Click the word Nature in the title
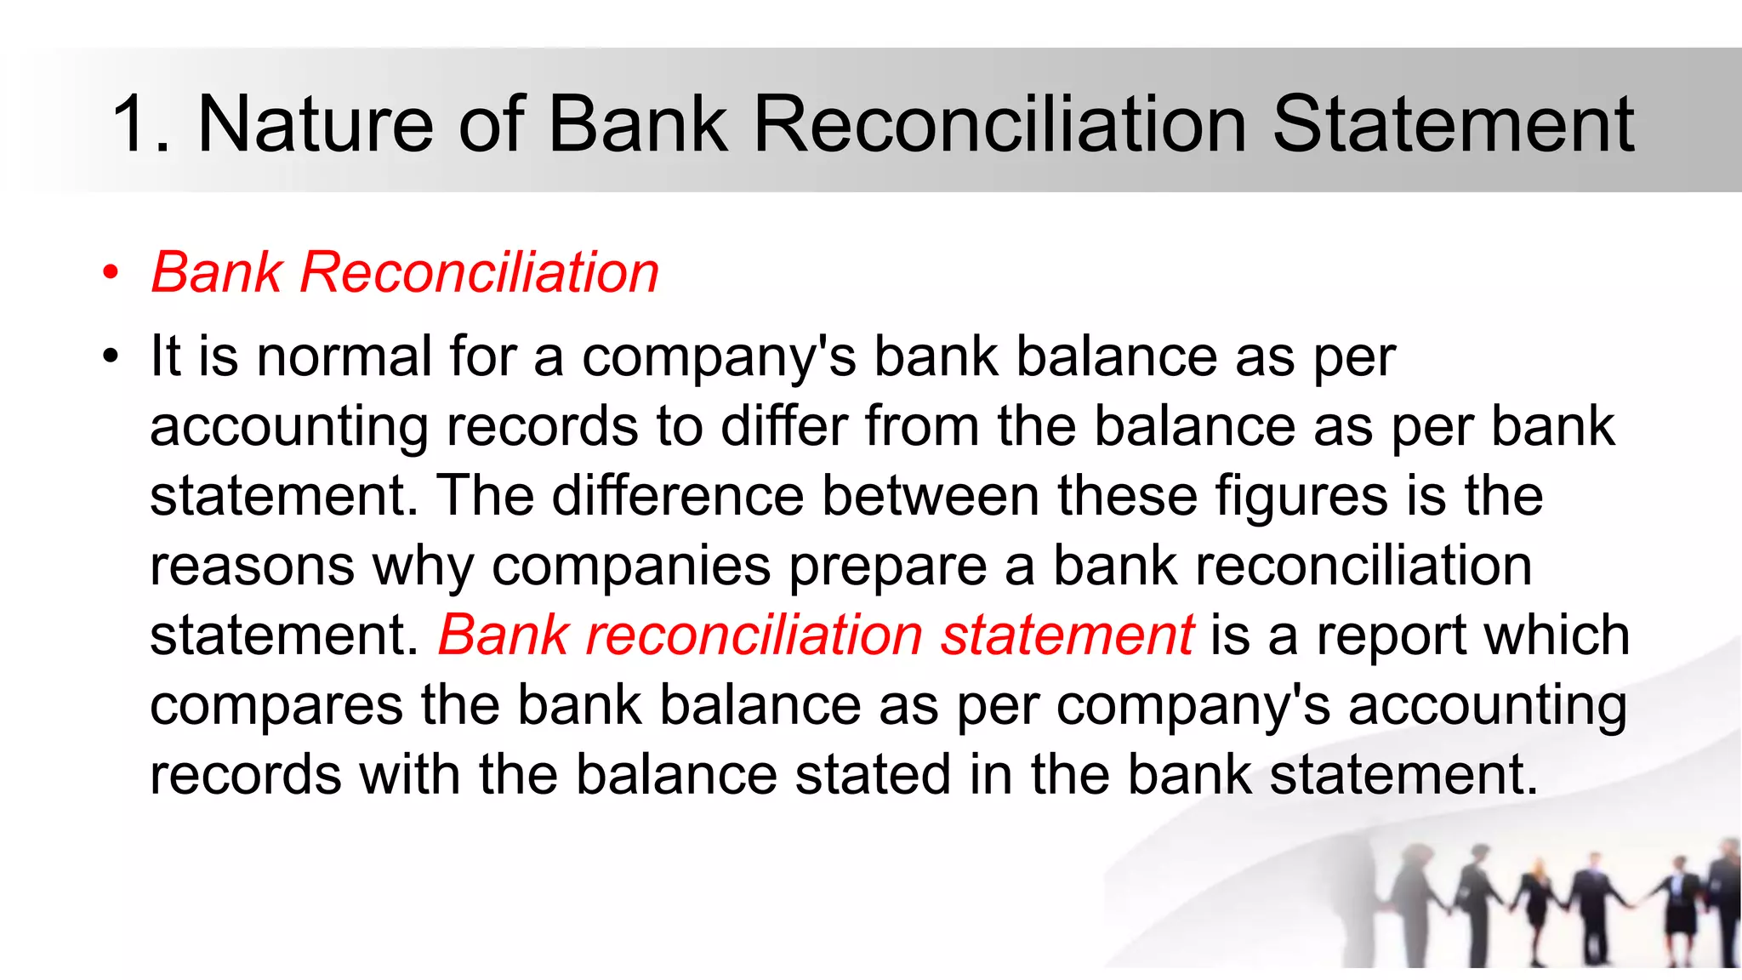(x=316, y=125)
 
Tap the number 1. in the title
(x=140, y=125)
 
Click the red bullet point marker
(x=110, y=274)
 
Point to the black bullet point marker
(x=110, y=356)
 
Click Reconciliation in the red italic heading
(x=479, y=273)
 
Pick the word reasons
(x=252, y=566)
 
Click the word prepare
(x=888, y=566)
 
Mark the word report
(x=1391, y=635)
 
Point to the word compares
(x=276, y=705)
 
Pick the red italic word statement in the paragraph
(x=1067, y=635)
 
